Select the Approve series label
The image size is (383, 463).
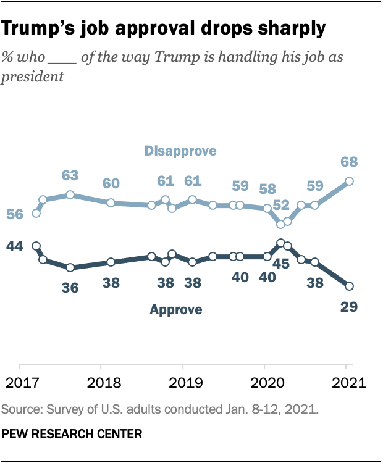[x=176, y=310]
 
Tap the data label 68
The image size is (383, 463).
[x=349, y=162]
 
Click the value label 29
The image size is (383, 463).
[x=349, y=306]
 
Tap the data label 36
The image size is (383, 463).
[x=70, y=287]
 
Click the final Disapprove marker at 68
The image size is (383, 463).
[x=349, y=181]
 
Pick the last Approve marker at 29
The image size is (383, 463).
[x=349, y=286]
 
